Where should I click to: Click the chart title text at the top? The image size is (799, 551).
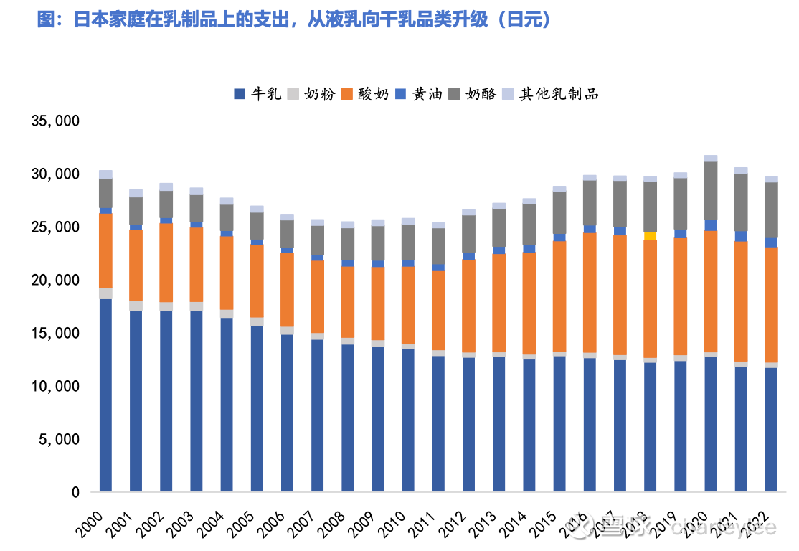[294, 20]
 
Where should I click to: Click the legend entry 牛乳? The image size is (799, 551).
[258, 93]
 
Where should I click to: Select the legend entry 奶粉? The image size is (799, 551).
[312, 93]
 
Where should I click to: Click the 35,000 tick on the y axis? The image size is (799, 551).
[55, 121]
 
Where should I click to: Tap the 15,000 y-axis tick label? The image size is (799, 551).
[55, 333]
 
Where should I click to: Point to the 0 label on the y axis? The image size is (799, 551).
[75, 493]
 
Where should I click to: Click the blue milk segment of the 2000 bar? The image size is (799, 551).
[106, 395]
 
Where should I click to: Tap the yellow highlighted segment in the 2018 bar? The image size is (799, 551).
[650, 236]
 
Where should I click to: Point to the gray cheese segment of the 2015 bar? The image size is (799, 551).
[559, 212]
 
